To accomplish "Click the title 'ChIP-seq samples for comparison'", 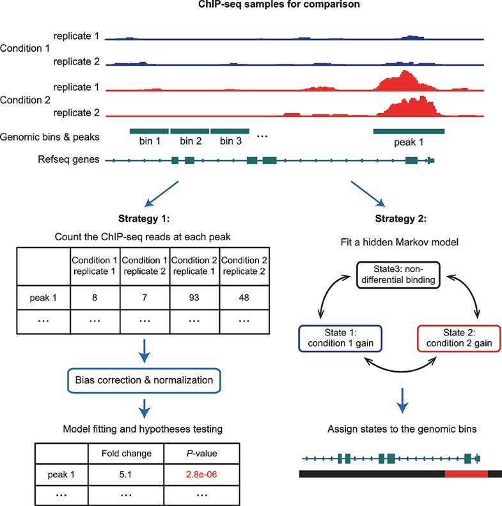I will click(251, 6).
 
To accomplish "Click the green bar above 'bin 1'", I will click(148, 131).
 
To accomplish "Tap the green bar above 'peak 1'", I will click(409, 131).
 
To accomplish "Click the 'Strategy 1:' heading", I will click(143, 219).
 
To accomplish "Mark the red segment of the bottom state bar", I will click(466, 473).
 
